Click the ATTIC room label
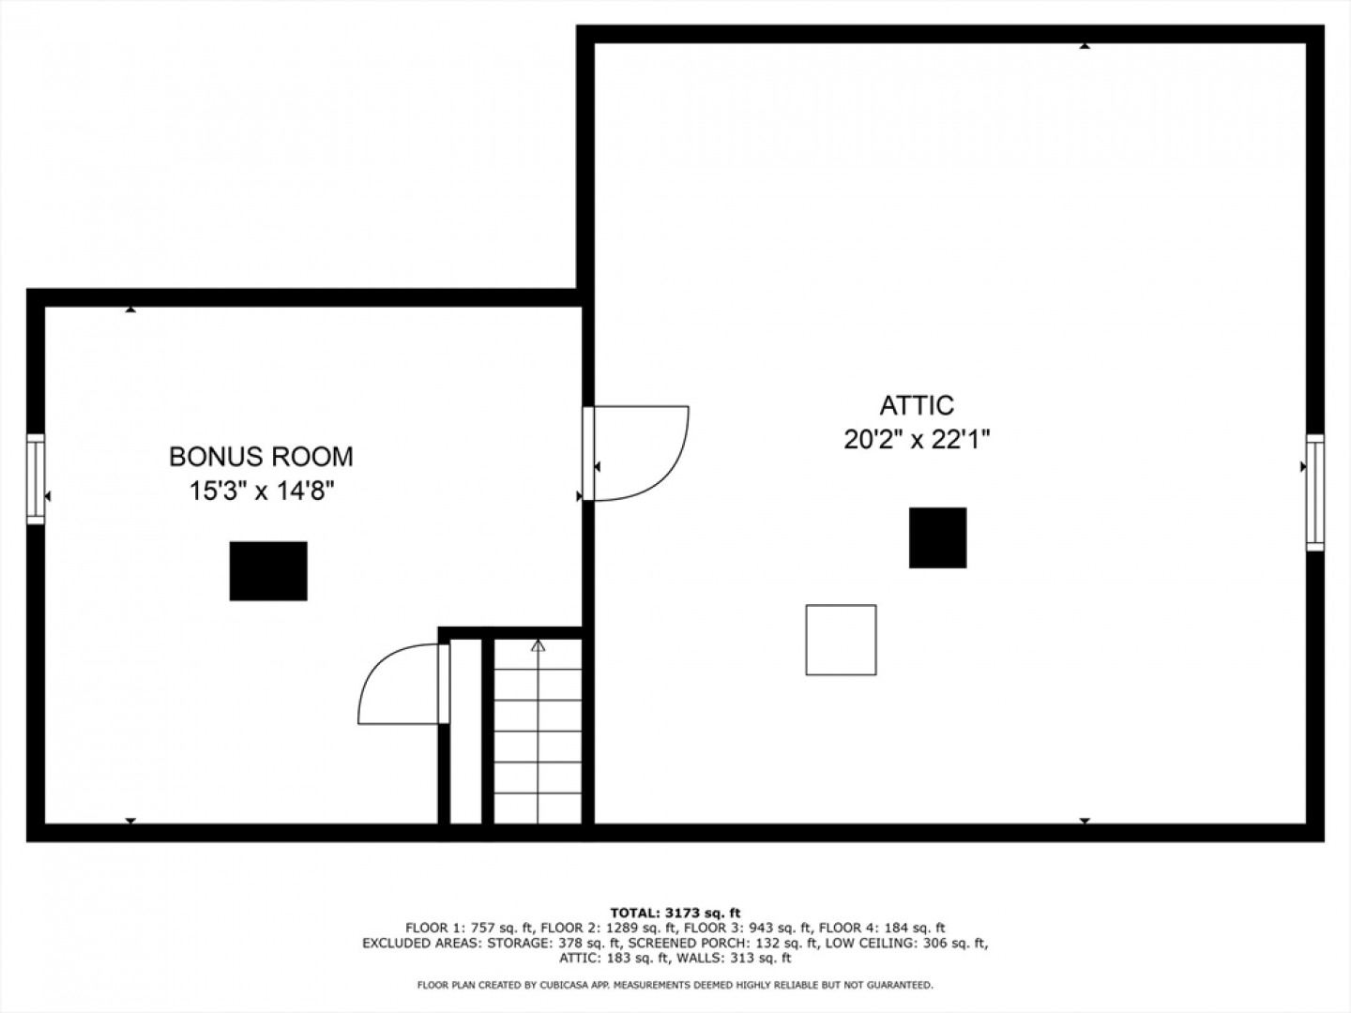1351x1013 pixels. click(917, 405)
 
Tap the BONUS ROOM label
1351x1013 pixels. click(262, 457)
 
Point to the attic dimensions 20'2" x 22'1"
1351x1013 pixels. click(917, 440)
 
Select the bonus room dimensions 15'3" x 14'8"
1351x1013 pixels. click(262, 491)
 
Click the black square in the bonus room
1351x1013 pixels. click(268, 571)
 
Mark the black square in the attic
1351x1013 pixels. click(938, 537)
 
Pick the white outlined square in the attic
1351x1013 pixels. click(842, 640)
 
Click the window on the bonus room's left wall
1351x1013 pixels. click(36, 479)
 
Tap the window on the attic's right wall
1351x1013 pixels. click(1315, 492)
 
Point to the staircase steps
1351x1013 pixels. click(538, 732)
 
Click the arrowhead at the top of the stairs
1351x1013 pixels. click(538, 645)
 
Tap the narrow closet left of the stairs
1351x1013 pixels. click(466, 732)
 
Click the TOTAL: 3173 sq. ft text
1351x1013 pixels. click(675, 913)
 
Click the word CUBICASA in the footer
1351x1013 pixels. click(562, 985)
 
